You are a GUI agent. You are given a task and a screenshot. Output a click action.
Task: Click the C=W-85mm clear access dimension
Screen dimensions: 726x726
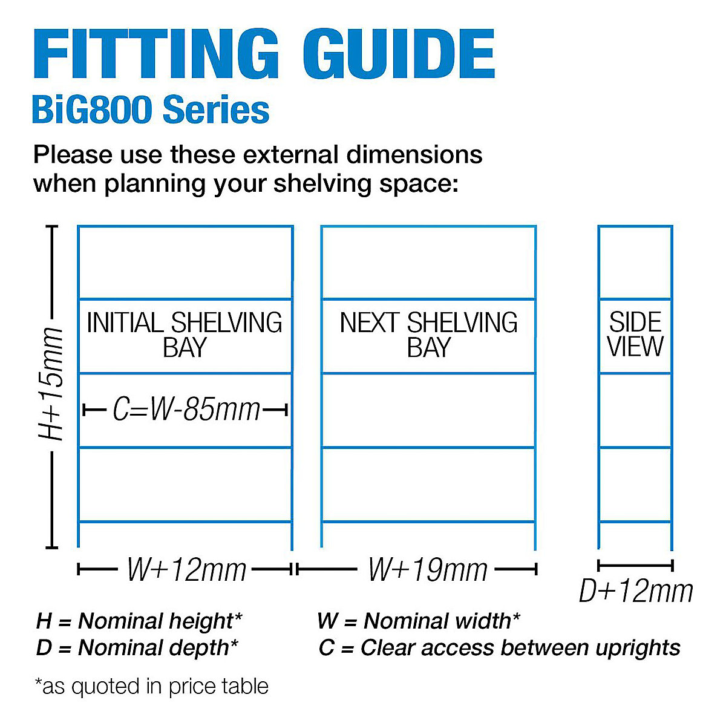(x=186, y=410)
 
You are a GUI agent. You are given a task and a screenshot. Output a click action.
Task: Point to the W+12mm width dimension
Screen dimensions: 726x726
(x=186, y=569)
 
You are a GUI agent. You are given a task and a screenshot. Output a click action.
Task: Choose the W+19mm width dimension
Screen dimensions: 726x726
(x=427, y=569)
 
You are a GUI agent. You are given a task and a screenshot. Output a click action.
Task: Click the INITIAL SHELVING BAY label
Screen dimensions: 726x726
(x=185, y=335)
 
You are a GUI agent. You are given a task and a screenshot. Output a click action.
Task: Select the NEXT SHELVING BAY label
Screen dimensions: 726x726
(x=428, y=335)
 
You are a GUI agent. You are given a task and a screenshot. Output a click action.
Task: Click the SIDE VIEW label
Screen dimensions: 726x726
(x=635, y=335)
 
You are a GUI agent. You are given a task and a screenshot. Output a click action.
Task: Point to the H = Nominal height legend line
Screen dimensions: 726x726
(x=139, y=621)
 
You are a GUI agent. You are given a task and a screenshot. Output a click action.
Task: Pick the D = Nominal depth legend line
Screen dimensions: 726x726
(x=137, y=647)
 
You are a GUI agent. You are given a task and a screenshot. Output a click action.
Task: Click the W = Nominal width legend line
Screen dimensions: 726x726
(x=418, y=621)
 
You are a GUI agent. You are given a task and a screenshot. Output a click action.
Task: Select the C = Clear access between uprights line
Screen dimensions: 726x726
(x=499, y=647)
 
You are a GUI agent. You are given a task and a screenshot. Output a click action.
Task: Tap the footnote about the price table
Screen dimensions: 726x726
(x=151, y=686)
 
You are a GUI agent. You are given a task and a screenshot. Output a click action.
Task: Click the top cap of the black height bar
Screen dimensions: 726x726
(x=52, y=227)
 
